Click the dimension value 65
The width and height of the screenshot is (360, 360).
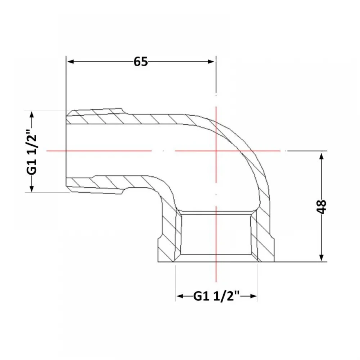(x=141, y=62)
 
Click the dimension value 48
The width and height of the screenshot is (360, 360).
(x=321, y=207)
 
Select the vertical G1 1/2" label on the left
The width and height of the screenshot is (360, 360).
(x=32, y=152)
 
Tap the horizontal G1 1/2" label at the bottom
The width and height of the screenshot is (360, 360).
(x=217, y=296)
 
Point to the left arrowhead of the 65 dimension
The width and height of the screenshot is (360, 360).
(x=70, y=62)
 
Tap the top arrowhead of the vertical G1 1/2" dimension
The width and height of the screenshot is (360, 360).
(x=32, y=114)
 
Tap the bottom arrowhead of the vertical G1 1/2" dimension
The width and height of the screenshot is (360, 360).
(x=32, y=188)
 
